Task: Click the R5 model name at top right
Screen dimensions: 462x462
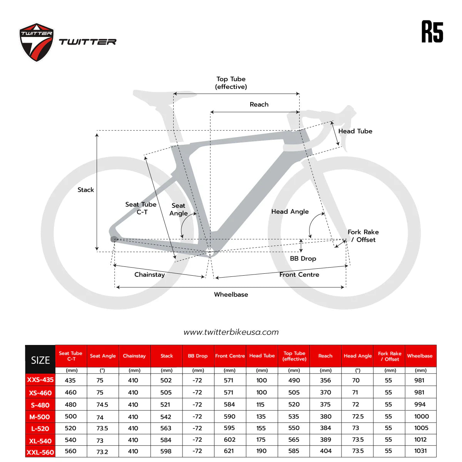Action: pos(432,32)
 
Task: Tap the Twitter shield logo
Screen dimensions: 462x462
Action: pos(37,42)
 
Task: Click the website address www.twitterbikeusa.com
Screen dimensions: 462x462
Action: pos(231,332)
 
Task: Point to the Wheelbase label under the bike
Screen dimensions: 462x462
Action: pos(231,295)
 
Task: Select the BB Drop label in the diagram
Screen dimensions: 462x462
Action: pos(303,258)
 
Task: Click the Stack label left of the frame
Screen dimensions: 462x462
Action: pos(85,190)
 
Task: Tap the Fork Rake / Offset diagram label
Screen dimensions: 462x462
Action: pos(363,236)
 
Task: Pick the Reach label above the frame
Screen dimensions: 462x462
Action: pos(259,104)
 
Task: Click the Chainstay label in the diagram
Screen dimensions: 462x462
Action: pos(149,275)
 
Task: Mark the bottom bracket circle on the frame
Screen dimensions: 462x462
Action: pos(210,252)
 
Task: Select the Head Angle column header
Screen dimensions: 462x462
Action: pos(357,356)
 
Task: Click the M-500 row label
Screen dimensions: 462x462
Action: pos(40,417)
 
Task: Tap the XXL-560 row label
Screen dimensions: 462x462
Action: pos(40,452)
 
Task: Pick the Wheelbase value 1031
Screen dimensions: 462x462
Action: pos(420,451)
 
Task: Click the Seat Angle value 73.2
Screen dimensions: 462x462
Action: pos(102,452)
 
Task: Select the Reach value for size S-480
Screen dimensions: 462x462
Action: pos(325,404)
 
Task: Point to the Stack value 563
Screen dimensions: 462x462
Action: pos(166,428)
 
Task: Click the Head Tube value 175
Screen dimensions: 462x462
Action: pos(261,439)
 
